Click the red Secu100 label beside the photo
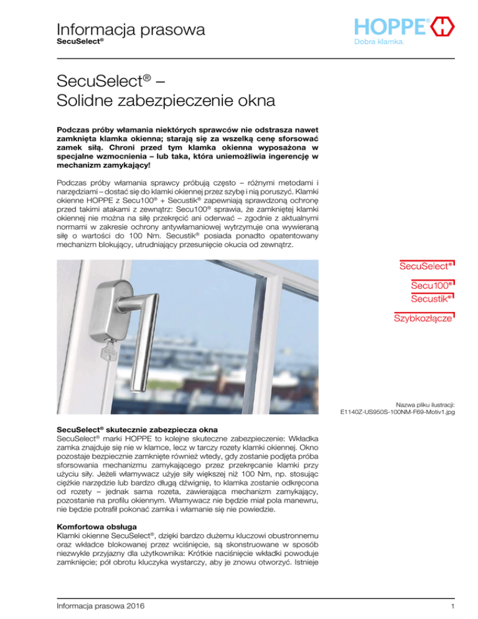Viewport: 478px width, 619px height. point(429,285)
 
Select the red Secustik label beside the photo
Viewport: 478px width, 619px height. point(429,300)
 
